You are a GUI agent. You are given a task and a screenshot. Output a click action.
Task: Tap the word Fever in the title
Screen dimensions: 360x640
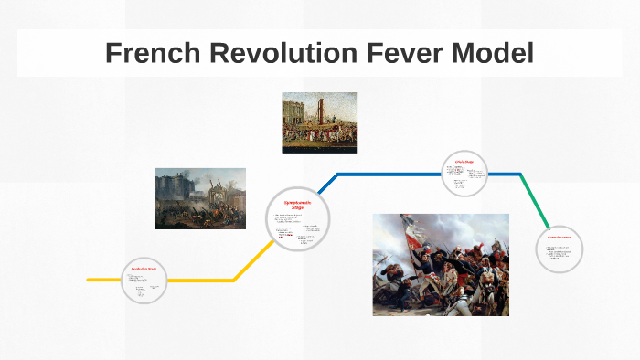coord(391,54)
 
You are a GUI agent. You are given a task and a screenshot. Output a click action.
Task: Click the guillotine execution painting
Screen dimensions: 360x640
coord(319,122)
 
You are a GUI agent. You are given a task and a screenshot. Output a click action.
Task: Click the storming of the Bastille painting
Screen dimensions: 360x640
coord(200,197)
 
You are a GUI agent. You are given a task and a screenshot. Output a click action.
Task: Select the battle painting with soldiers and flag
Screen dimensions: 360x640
coord(440,264)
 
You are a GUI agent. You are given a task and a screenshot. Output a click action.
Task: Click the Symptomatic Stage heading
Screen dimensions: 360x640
coord(297,204)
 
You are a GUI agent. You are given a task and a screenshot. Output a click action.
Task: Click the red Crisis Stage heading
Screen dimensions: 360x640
coord(464,162)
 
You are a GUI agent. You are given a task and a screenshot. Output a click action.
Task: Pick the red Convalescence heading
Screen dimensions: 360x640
coord(560,237)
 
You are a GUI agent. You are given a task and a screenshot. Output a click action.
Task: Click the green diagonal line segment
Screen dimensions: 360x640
coord(536,201)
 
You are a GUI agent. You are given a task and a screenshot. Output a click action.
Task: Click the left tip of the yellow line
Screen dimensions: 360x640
coord(89,279)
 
